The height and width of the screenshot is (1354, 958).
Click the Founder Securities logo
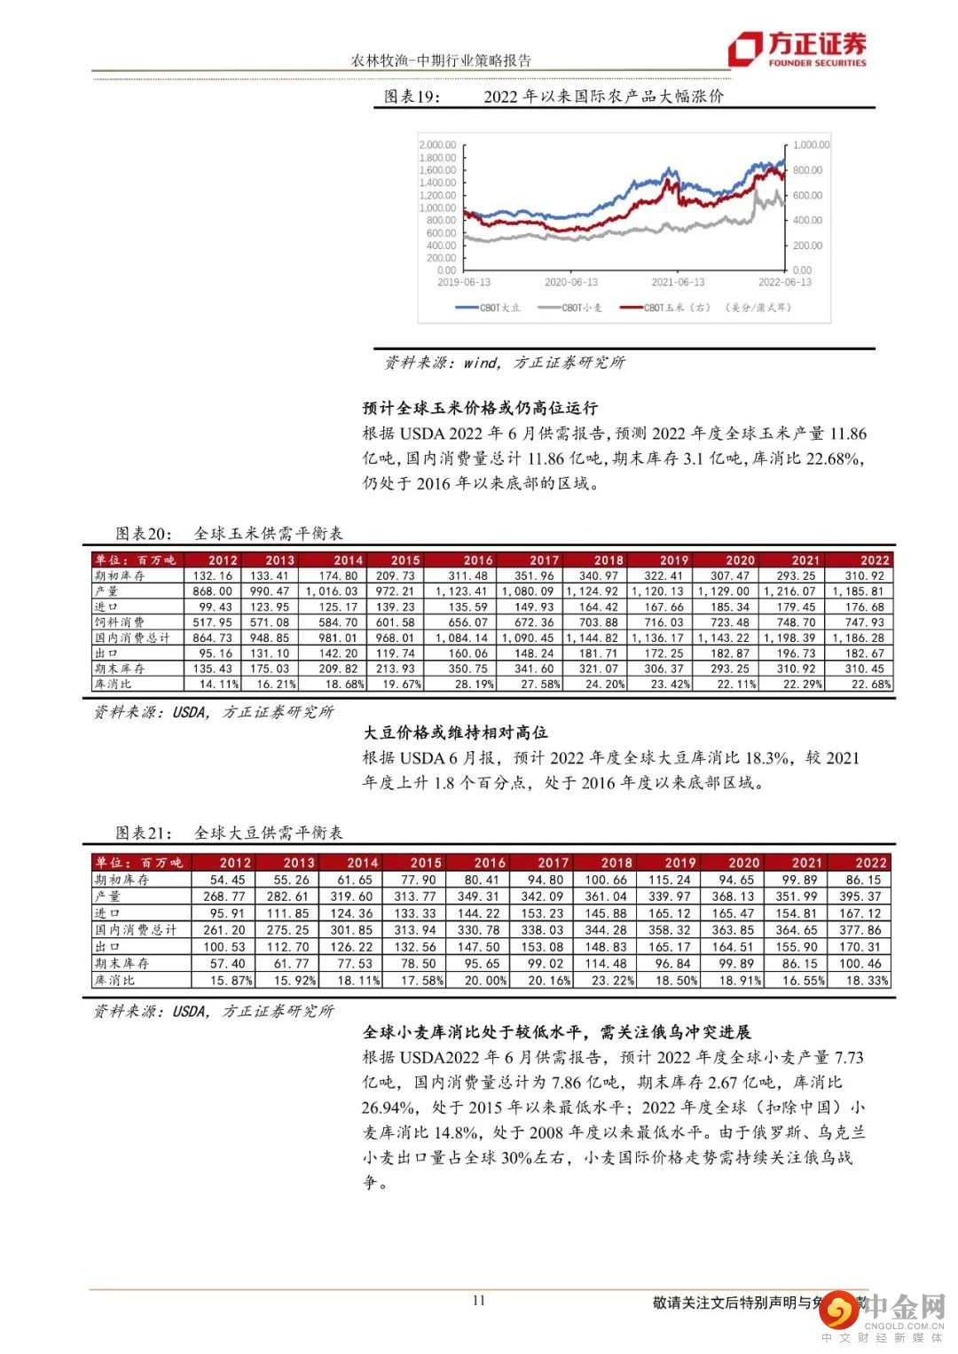point(797,50)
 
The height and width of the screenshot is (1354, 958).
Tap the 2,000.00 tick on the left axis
point(437,145)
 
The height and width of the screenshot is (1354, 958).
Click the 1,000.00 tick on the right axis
point(811,145)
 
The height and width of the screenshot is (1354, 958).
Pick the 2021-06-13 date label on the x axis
point(678,282)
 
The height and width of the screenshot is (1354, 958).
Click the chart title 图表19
point(411,97)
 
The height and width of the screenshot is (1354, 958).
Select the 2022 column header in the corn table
point(874,560)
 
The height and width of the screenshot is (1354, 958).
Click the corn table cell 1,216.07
point(796,591)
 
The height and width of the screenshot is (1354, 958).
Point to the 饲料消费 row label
point(120,622)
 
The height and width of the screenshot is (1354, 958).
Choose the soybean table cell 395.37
point(863,896)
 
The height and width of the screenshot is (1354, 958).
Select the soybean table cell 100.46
point(863,964)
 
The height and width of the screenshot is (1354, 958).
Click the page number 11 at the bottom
point(479,1301)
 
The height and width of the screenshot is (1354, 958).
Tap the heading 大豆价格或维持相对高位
point(455,733)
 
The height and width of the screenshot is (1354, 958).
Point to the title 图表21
point(140,834)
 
